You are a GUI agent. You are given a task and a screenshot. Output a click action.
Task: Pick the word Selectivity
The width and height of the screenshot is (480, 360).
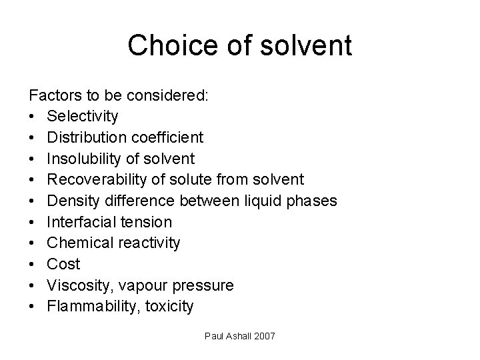[x=83, y=117]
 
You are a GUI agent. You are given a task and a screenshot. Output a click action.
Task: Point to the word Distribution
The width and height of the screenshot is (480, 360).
[x=85, y=137]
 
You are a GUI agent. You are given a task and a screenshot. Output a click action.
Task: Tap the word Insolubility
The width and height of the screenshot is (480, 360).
[x=85, y=159]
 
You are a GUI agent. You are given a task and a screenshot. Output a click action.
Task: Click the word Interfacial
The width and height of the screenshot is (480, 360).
[x=81, y=222]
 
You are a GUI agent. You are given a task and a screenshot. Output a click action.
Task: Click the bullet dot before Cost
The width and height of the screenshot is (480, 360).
[x=33, y=265]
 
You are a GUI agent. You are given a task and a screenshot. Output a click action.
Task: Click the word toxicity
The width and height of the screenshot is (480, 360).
[x=171, y=307]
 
